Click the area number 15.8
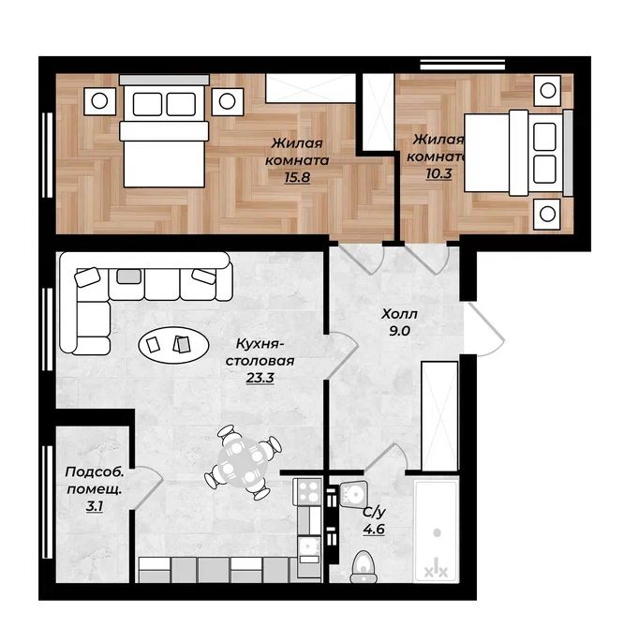point(297,177)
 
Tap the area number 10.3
point(438,173)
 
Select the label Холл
point(399,315)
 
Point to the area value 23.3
point(260,377)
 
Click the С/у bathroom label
point(374,512)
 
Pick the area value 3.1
point(95,506)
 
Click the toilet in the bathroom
point(364,566)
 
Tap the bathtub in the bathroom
point(436,531)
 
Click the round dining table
point(243,462)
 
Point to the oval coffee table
point(174,345)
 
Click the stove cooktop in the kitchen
point(308,492)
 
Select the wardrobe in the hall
point(439,416)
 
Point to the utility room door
point(148,487)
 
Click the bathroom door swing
point(385,457)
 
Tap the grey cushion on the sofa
point(128,276)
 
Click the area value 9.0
point(399,331)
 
